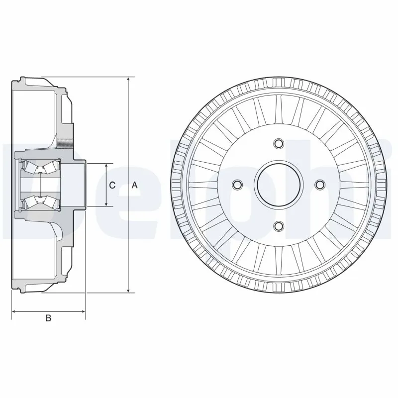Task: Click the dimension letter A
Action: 134,185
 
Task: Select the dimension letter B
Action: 48,318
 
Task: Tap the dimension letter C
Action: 112,185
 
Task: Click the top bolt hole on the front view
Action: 279,144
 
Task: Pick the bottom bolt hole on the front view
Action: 279,226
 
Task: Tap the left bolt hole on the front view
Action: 237,185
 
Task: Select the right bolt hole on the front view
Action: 320,185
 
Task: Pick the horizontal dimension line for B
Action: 48,311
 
